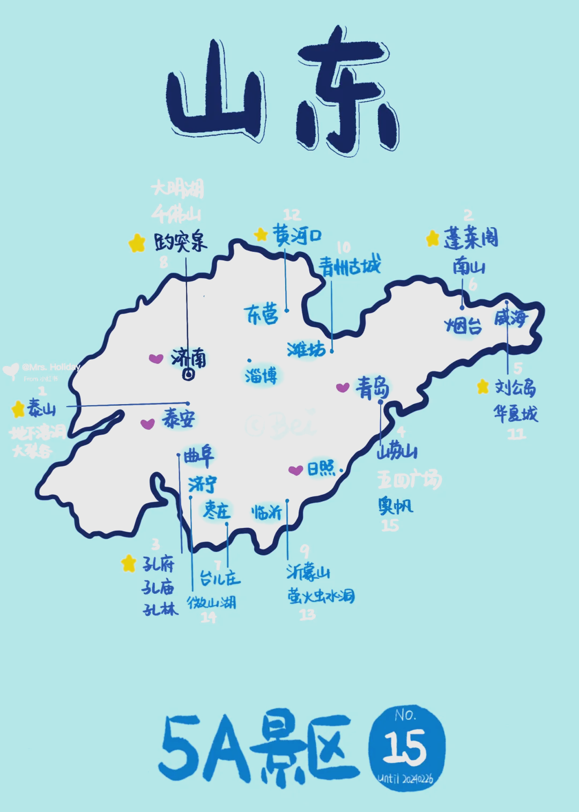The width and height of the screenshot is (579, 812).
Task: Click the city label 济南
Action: pyautogui.click(x=189, y=357)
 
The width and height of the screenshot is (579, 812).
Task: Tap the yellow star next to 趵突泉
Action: pyautogui.click(x=137, y=243)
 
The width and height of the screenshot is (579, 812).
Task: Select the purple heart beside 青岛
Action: pyautogui.click(x=343, y=387)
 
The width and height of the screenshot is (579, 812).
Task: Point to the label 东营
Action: pyautogui.click(x=261, y=315)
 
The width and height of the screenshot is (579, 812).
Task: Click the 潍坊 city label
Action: pyautogui.click(x=306, y=349)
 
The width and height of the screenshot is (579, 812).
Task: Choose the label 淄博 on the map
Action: pyautogui.click(x=261, y=376)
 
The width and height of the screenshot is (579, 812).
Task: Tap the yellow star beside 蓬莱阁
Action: pyautogui.click(x=433, y=239)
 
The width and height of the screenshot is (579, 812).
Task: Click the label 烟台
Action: pyautogui.click(x=463, y=325)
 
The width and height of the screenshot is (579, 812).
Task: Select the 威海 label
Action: pyautogui.click(x=510, y=318)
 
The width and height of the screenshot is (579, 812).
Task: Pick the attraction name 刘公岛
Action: pyautogui.click(x=515, y=387)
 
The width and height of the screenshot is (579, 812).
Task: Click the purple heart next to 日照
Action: pyautogui.click(x=295, y=470)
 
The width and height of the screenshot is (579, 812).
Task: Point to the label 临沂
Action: pyautogui.click(x=266, y=512)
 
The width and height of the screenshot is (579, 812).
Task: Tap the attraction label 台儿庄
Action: pyautogui.click(x=220, y=578)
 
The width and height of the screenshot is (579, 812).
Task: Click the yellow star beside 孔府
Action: pyautogui.click(x=128, y=563)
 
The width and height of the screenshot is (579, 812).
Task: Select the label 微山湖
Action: pyautogui.click(x=211, y=602)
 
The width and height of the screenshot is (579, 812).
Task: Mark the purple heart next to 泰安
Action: pyautogui.click(x=147, y=424)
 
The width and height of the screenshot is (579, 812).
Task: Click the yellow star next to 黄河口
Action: pyautogui.click(x=261, y=234)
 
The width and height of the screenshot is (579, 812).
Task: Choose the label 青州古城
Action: pyautogui.click(x=350, y=266)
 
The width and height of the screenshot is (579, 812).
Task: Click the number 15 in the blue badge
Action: pyautogui.click(x=405, y=747)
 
